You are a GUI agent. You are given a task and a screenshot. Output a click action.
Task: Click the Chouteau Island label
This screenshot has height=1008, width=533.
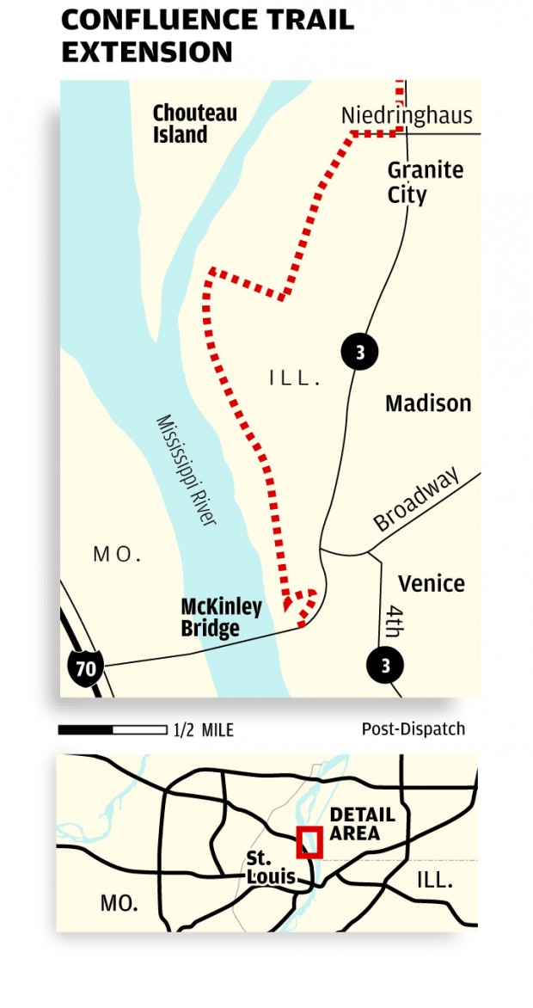click(194, 124)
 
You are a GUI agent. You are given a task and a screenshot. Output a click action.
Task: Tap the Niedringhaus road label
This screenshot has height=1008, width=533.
click(407, 116)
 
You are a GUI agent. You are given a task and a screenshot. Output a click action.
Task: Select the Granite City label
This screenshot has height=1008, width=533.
click(425, 182)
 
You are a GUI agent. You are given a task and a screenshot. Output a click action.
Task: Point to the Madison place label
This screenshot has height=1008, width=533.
click(428, 403)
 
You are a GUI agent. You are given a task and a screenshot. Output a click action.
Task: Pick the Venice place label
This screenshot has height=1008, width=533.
click(432, 584)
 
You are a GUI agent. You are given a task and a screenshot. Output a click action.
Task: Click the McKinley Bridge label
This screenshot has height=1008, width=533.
click(221, 618)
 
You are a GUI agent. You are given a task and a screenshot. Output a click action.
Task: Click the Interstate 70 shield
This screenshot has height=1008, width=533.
click(85, 667)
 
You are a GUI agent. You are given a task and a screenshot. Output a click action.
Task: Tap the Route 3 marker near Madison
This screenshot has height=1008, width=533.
click(359, 352)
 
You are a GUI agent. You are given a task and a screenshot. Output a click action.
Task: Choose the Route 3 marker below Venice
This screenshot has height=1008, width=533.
click(384, 665)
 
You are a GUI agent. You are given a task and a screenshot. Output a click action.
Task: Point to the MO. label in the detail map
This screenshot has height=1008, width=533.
click(117, 556)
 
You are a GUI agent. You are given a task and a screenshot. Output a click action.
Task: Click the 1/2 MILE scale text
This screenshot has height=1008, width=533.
click(204, 731)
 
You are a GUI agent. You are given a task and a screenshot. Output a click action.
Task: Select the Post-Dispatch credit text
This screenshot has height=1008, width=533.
click(413, 729)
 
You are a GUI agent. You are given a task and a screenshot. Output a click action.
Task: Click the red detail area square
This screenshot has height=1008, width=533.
click(309, 842)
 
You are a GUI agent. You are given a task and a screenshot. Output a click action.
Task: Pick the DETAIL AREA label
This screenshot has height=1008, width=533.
click(362, 824)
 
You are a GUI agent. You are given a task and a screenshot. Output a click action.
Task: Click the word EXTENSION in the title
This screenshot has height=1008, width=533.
click(147, 52)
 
